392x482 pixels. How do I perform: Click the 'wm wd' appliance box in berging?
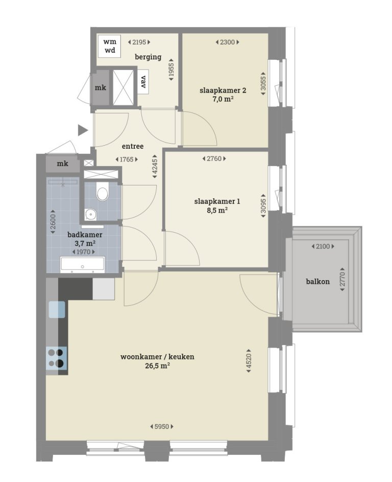coord(110,46)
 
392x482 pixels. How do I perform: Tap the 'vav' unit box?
coord(143,82)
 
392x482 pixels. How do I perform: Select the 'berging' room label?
coord(148,57)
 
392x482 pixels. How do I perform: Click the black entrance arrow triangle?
coord(83,130)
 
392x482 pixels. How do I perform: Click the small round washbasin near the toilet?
coord(91,214)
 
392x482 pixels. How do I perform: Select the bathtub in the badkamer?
coord(83,264)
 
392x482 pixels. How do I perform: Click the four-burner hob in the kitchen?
coord(57,357)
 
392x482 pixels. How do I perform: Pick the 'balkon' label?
coord(318,281)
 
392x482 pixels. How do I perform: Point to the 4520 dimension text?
coord(249,362)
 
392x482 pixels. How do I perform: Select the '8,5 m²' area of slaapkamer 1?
coord(217,210)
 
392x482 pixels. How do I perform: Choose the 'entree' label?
coord(133,146)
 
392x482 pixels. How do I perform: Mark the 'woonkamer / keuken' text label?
coord(157,357)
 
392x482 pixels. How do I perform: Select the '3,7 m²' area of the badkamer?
coord(85,243)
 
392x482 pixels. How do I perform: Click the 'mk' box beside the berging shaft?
coord(101,88)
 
